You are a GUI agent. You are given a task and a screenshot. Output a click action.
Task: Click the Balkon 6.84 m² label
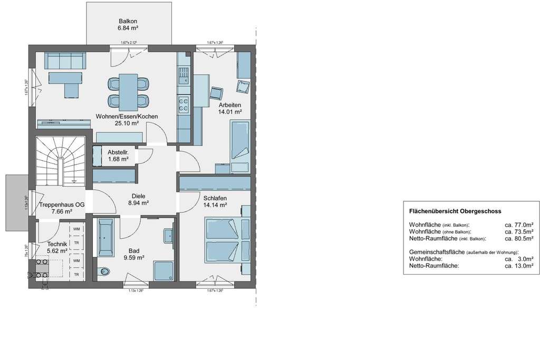coord(128,24)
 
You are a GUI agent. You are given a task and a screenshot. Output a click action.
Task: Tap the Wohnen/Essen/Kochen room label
coord(127,120)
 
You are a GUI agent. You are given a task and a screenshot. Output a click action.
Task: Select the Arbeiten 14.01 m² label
coord(230,108)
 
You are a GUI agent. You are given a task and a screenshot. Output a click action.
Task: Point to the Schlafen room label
coord(215,202)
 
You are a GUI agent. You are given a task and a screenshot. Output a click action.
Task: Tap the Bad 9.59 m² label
coord(134,254)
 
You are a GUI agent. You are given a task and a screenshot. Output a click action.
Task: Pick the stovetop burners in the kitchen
coord(184,104)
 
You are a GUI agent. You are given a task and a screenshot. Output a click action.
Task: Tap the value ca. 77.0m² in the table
coord(519,224)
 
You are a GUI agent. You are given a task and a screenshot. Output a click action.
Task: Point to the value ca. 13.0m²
coord(519,266)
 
